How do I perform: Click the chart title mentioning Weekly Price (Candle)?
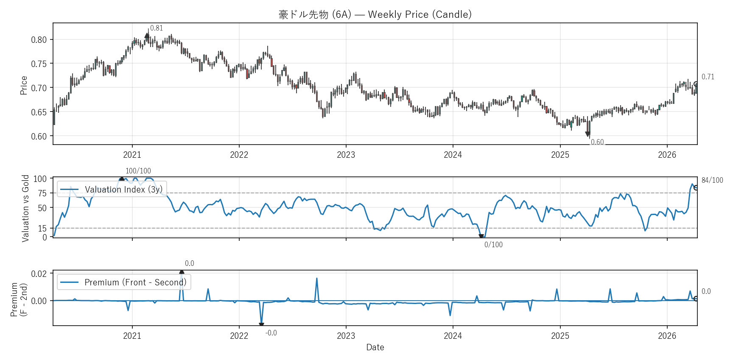(x=375, y=14)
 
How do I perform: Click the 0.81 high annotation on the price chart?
(x=157, y=28)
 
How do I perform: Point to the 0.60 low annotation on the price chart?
(x=597, y=142)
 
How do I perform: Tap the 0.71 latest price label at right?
(x=708, y=77)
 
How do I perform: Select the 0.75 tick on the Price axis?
(x=39, y=64)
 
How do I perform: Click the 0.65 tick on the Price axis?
(x=39, y=112)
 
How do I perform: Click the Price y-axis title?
(x=24, y=85)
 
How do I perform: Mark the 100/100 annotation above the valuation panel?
(x=138, y=171)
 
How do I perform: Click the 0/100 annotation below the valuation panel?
(x=493, y=245)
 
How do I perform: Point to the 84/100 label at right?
(x=712, y=180)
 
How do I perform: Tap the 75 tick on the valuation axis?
(x=42, y=193)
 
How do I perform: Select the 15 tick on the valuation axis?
(x=42, y=229)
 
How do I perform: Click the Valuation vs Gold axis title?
(x=25, y=208)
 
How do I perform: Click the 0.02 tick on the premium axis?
(x=39, y=273)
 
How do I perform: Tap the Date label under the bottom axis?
(x=375, y=347)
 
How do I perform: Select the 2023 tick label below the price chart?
(x=346, y=155)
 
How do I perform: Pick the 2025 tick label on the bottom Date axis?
(x=560, y=336)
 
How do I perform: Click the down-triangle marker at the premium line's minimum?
(x=261, y=325)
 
